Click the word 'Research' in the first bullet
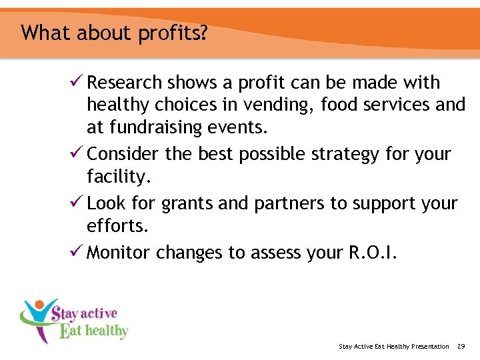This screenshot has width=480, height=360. pyautogui.click(x=125, y=83)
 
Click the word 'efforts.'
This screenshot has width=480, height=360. pyautogui.click(x=117, y=227)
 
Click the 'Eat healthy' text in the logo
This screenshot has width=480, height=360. pyautogui.click(x=93, y=330)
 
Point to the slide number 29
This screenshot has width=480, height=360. pyautogui.click(x=461, y=346)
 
